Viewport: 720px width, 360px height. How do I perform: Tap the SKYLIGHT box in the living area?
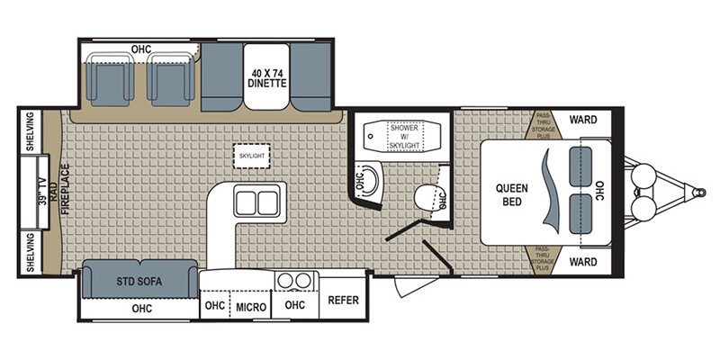(x=252, y=155)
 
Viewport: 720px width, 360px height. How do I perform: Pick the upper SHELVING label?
(x=30, y=131)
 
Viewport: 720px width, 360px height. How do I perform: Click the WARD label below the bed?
(x=586, y=263)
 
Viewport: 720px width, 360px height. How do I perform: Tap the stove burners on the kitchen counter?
(x=292, y=281)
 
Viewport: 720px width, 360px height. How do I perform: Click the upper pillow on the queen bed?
(x=578, y=163)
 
